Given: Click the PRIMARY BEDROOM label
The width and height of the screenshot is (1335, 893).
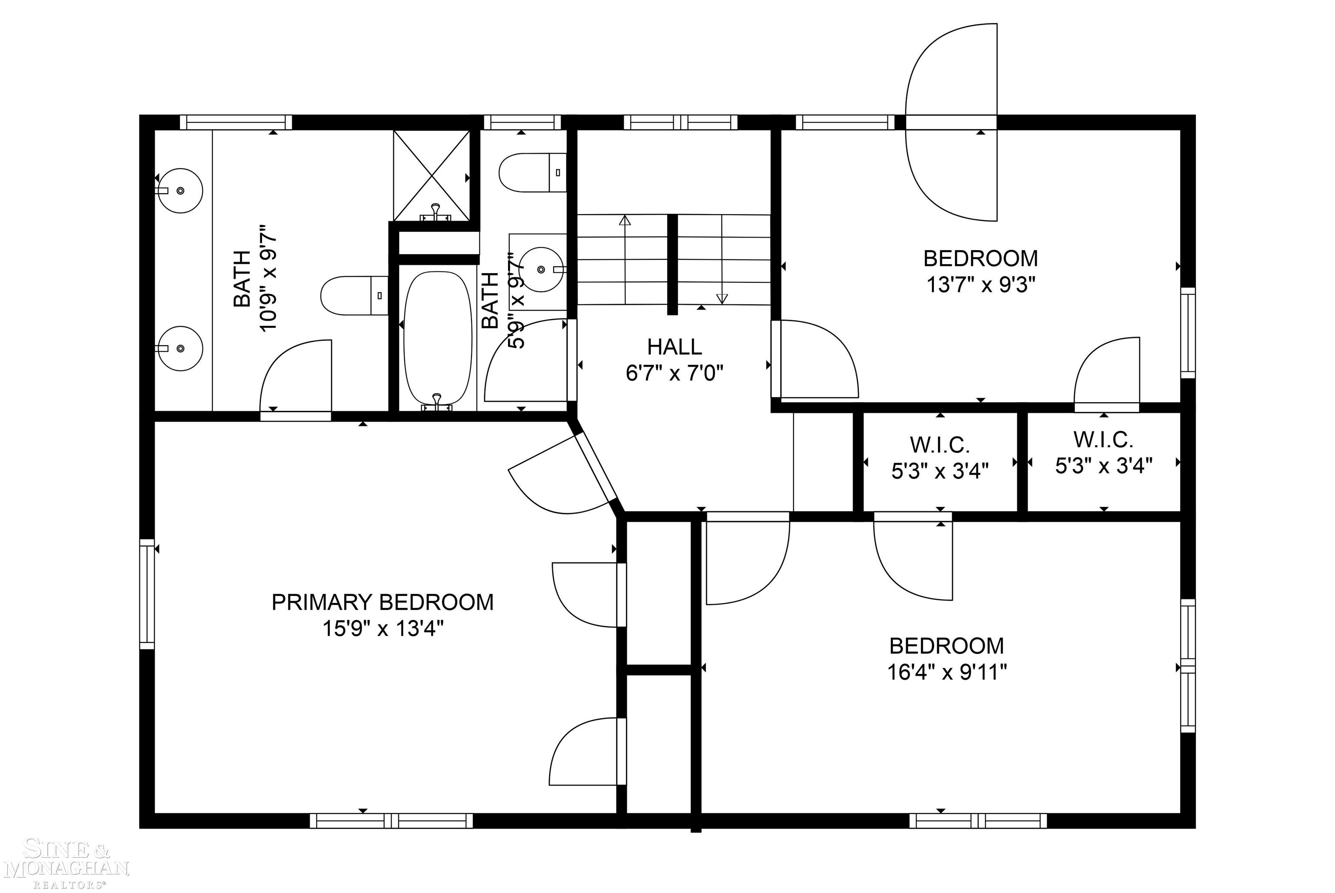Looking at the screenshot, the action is (382, 602).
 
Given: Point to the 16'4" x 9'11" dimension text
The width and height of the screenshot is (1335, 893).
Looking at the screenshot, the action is (946, 673).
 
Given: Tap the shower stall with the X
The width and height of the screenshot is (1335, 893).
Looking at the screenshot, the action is (432, 175).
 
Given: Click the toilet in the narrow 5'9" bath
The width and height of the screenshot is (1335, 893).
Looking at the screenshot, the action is (533, 172).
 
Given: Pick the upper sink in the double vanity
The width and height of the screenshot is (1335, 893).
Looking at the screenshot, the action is (179, 190).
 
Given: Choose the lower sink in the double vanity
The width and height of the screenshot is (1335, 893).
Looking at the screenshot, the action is (179, 348).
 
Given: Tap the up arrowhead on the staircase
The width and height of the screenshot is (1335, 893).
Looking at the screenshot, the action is (625, 220).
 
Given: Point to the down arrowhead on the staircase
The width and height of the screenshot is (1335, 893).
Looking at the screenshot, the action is (722, 298).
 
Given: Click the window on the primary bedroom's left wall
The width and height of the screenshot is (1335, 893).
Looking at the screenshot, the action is (147, 594).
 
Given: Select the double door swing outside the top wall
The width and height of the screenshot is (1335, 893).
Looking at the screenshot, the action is (951, 122).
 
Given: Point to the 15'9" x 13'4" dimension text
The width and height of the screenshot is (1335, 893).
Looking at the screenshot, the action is (383, 629).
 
